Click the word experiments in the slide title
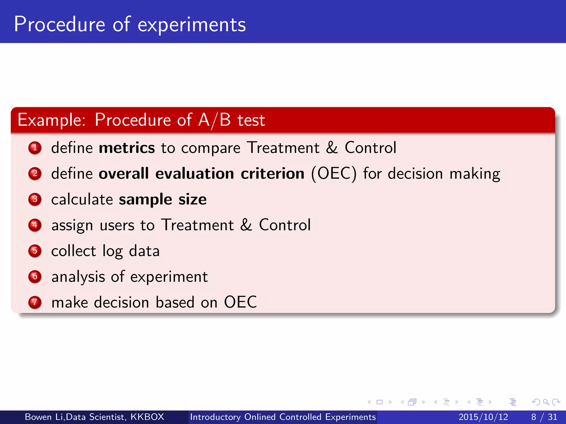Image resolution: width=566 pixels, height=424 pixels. click(192, 25)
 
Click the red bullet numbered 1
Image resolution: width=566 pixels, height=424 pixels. click(35, 148)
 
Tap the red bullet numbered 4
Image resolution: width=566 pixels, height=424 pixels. click(35, 225)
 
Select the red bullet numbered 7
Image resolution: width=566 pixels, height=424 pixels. click(35, 302)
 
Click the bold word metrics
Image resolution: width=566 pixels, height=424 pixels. click(127, 148)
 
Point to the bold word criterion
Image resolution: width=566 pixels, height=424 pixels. click(272, 174)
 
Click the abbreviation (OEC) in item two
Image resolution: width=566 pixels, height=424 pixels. click(334, 174)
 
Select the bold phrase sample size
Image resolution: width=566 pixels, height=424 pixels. click(163, 199)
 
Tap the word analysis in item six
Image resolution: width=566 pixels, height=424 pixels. click(78, 277)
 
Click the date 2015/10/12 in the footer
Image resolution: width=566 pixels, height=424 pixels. click(483, 417)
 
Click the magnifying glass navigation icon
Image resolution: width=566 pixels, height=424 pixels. click(546, 402)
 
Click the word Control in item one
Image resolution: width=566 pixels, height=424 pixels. click(370, 148)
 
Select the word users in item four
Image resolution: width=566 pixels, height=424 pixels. click(117, 225)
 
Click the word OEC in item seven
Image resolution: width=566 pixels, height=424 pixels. click(240, 302)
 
